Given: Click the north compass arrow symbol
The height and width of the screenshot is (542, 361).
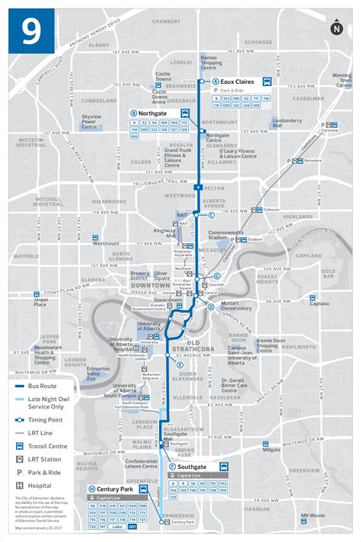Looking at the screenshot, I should tap(337, 29).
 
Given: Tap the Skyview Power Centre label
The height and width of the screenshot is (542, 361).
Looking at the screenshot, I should tap(93, 120).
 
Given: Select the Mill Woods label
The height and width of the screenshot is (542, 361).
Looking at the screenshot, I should tap(311, 517).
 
